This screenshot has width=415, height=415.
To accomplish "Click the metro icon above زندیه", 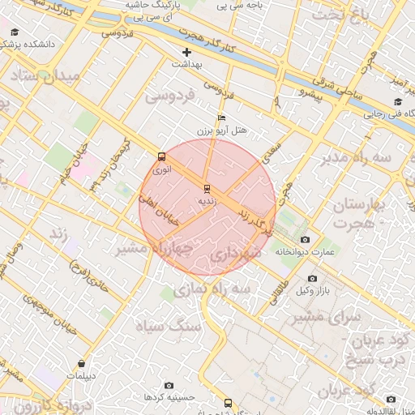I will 207,188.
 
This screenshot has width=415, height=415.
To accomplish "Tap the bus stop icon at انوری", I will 160,156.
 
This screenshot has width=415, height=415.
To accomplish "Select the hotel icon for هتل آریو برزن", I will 222,117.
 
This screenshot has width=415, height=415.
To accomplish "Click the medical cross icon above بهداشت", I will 187,52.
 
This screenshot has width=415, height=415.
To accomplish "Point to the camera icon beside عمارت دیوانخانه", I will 305,240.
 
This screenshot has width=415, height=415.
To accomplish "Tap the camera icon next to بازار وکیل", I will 289,279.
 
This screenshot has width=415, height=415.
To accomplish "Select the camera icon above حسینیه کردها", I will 169,386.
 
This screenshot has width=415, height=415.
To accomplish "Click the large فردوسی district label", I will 169,96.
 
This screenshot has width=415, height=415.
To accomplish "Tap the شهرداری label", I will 237,255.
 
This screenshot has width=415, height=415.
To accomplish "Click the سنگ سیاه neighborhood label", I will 173,326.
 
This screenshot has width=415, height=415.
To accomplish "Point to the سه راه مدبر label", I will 374,155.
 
